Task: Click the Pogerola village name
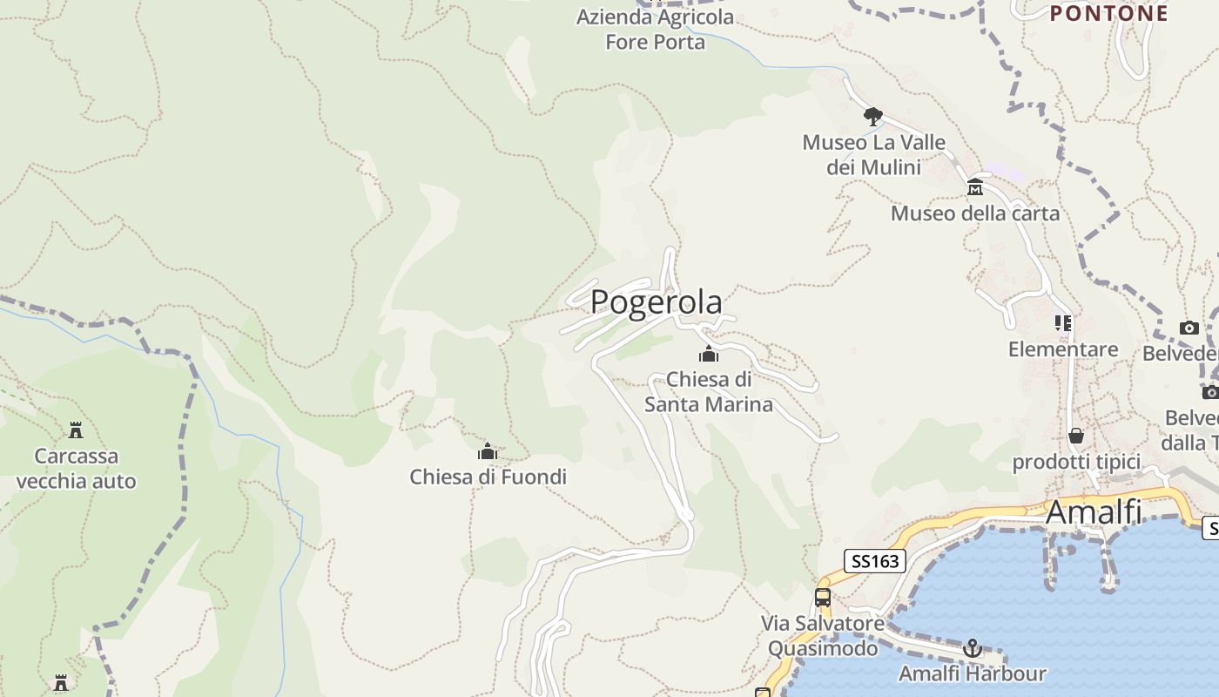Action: (656, 302)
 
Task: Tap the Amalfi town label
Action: (1094, 511)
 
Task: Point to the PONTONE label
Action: (1108, 13)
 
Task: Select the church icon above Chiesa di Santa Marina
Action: (709, 354)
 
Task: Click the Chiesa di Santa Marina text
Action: (709, 392)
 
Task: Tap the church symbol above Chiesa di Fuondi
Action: (488, 451)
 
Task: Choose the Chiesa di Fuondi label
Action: (488, 477)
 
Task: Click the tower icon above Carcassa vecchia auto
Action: (76, 430)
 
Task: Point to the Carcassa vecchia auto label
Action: (76, 468)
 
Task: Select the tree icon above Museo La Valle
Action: (872, 116)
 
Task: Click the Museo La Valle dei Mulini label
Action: (873, 154)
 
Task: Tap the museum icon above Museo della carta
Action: (975, 187)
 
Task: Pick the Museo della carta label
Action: (975, 213)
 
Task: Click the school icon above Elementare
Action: (1063, 323)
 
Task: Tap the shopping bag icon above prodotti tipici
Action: (1076, 436)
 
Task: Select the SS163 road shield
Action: (874, 560)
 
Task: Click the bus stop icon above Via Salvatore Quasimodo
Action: (823, 598)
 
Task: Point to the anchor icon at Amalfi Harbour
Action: (973, 648)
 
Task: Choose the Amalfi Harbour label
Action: (973, 673)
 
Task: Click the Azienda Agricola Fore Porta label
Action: (655, 29)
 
